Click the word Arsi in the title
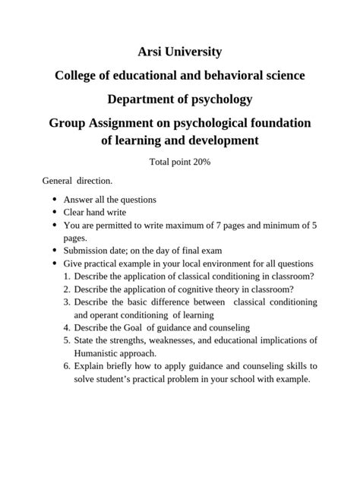click(x=151, y=52)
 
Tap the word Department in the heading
click(x=141, y=99)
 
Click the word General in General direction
click(x=57, y=182)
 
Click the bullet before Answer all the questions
click(x=55, y=200)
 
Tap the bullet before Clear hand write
click(x=55, y=213)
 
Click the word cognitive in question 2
click(x=200, y=289)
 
